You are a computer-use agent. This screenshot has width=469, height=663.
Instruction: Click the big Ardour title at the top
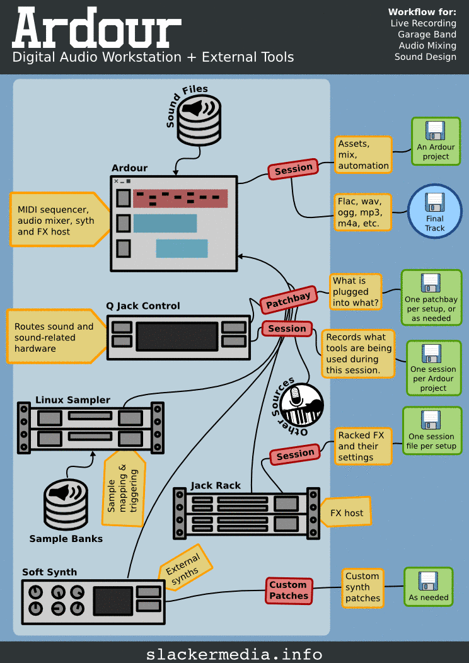pos(96,28)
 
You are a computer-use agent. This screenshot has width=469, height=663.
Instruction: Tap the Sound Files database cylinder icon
pos(199,120)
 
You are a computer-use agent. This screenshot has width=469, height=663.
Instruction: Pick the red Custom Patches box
pos(289,590)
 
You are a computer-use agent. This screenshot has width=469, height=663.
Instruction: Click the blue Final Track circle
pos(434,212)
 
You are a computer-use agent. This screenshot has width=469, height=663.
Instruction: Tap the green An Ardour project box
pos(436,142)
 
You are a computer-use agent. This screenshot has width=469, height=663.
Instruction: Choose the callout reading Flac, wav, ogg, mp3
pos(362,212)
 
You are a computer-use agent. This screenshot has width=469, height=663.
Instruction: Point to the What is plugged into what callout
pos(356,291)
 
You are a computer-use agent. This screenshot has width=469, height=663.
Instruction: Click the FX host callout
pos(347,513)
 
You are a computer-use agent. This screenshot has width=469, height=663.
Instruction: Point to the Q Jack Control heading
pos(143,306)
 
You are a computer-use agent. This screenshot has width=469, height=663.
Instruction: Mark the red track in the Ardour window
pos(180,199)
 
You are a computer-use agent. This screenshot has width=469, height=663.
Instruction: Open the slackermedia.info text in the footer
pos(234,654)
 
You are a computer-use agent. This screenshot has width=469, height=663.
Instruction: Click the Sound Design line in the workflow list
pos(425,57)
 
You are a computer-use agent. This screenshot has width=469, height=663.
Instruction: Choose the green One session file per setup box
pos(431,430)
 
